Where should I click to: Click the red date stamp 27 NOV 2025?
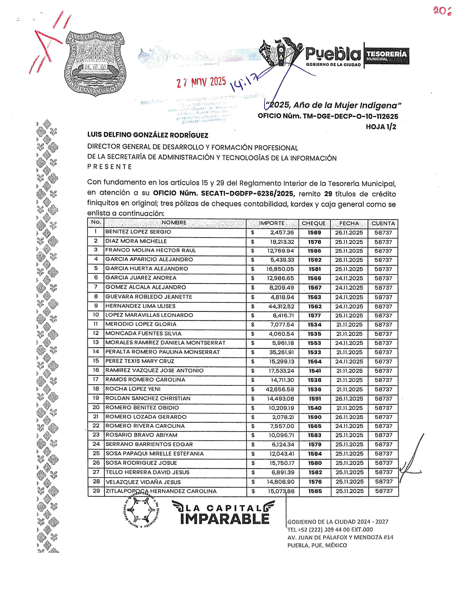click(201, 82)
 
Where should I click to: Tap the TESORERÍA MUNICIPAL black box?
click(386, 55)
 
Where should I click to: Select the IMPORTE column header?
click(272, 223)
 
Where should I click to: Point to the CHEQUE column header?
click(314, 223)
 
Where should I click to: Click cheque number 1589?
click(314, 232)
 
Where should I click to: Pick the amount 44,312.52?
click(281, 306)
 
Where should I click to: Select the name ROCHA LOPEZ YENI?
click(133, 389)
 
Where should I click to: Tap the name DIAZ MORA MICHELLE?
click(136, 241)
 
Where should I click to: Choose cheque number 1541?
click(315, 371)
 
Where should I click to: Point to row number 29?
click(96, 490)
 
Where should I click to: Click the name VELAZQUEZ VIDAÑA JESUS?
click(143, 482)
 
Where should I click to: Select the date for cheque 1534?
click(349, 325)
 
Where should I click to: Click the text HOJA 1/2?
click(381, 127)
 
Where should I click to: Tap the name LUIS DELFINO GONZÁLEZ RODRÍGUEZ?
click(148, 135)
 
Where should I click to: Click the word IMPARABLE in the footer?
click(224, 519)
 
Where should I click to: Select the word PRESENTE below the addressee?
click(110, 167)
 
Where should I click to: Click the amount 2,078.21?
click(283, 417)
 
